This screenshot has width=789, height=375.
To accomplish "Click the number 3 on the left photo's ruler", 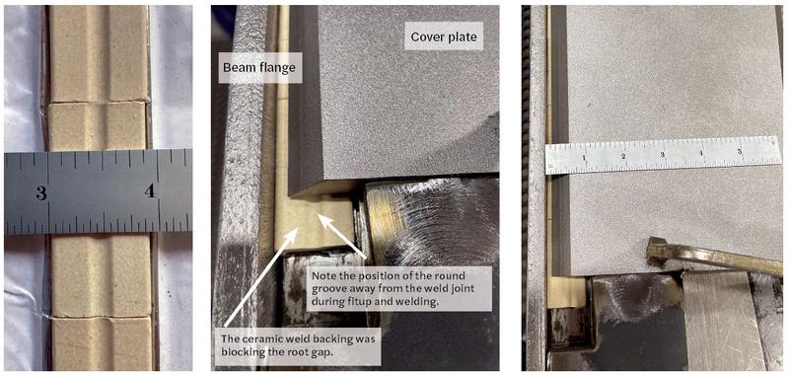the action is [x=41, y=192].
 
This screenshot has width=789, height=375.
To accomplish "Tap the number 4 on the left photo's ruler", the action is [x=150, y=190].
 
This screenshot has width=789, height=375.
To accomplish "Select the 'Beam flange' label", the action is [x=259, y=68].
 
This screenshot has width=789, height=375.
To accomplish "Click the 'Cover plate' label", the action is [x=444, y=37].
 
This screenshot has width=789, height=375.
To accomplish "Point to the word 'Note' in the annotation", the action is [x=323, y=276].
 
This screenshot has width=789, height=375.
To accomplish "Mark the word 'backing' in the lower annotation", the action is [x=323, y=338].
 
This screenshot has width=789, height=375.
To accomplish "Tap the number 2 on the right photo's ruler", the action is [x=623, y=156].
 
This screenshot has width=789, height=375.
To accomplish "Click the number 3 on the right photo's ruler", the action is [x=662, y=154].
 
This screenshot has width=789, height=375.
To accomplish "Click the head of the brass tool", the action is [x=656, y=249].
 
